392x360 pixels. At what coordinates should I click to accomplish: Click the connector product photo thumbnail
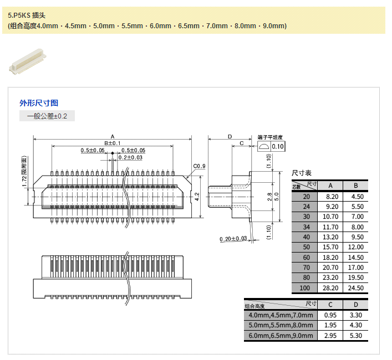pos(27,60)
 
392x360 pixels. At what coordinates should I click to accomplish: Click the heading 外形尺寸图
pos(39,103)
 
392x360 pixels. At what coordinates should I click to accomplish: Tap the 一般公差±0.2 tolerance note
pos(47,116)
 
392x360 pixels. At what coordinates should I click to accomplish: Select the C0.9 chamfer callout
pos(200,166)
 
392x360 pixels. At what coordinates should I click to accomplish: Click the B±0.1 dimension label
pos(112,143)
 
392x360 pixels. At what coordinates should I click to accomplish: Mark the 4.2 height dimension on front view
pos(197,196)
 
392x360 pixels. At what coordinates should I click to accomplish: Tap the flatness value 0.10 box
pos(277,147)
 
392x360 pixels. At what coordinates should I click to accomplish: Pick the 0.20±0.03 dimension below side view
pos(233,239)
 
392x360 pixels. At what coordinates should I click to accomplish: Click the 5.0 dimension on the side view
pos(277,196)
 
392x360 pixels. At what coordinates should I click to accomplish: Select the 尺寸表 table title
pos(302,173)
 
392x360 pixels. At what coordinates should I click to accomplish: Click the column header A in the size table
pos(330,186)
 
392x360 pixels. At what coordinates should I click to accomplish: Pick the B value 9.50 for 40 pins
pos(355,237)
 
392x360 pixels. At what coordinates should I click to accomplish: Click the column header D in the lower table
pos(355,305)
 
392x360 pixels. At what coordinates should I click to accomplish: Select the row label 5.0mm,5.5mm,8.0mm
pos(281,325)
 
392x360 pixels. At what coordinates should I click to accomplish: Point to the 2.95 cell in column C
pos(330,336)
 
